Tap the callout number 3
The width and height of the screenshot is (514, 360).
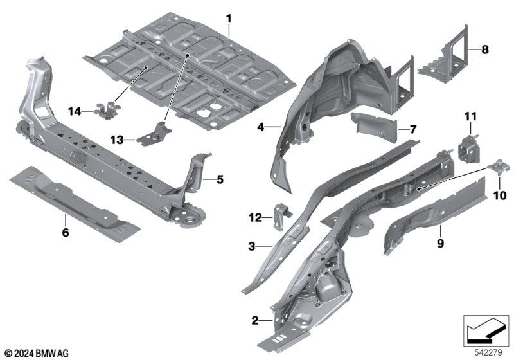click(x=253, y=245)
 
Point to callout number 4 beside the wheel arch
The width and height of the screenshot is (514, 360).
click(x=261, y=127)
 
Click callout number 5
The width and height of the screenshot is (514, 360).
click(x=219, y=179)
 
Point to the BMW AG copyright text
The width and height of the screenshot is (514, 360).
click(x=36, y=352)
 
